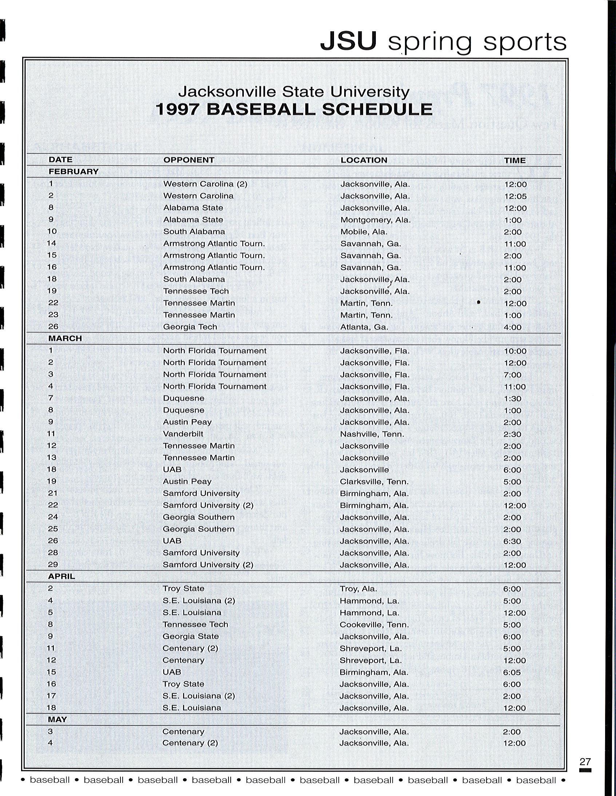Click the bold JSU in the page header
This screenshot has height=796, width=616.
coord(348,41)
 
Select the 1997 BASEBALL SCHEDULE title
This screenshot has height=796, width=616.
coord(294,109)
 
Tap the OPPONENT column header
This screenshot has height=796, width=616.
coord(188,160)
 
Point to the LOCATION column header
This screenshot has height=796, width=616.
coord(363,160)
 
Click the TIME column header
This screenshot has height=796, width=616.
coord(514,160)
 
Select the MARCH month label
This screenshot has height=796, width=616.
coord(65,338)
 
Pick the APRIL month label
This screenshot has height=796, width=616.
coord(61,576)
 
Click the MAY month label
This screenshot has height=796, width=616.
coord(57,719)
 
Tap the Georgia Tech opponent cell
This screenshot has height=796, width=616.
coord(190,327)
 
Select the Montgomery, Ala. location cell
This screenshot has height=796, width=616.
coord(375,220)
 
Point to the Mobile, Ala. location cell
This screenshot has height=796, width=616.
coord(363,232)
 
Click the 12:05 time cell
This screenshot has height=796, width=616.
coord(515,196)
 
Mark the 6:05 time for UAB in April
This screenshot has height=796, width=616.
coord(514,672)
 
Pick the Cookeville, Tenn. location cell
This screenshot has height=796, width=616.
coord(374,624)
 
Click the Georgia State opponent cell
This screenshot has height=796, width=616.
coord(191,636)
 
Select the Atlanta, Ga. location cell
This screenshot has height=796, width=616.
coord(364,327)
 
